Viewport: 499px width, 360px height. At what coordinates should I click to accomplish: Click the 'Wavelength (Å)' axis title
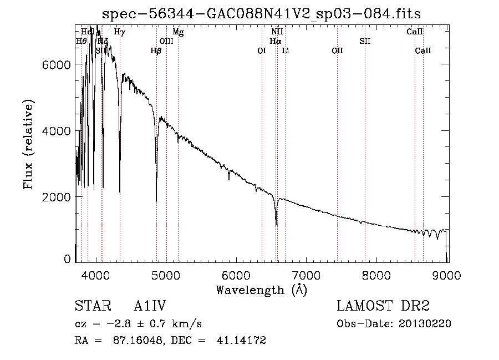pyautogui.click(x=261, y=290)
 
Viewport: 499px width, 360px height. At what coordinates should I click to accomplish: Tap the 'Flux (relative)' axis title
pyautogui.click(x=28, y=145)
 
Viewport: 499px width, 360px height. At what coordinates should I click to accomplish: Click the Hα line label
pyautogui.click(x=276, y=41)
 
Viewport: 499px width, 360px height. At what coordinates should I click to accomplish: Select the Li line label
pyautogui.click(x=286, y=50)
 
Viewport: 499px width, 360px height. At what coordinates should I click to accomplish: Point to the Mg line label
pyautogui.click(x=178, y=32)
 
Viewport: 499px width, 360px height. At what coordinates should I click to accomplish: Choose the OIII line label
pyautogui.click(x=166, y=41)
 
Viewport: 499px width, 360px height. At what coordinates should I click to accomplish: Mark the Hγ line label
pyautogui.click(x=119, y=32)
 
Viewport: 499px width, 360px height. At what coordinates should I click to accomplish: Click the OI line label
pyautogui.click(x=262, y=50)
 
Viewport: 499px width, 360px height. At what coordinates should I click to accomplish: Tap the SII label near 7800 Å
pyautogui.click(x=365, y=41)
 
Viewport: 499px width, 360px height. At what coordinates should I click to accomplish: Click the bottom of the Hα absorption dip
pyautogui.click(x=276, y=225)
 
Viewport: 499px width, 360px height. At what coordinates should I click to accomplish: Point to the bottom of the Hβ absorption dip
pyautogui.click(x=156, y=200)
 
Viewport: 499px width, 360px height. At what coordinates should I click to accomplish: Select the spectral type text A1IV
pyautogui.click(x=150, y=306)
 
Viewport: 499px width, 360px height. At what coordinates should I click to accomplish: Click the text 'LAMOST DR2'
pyautogui.click(x=383, y=306)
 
